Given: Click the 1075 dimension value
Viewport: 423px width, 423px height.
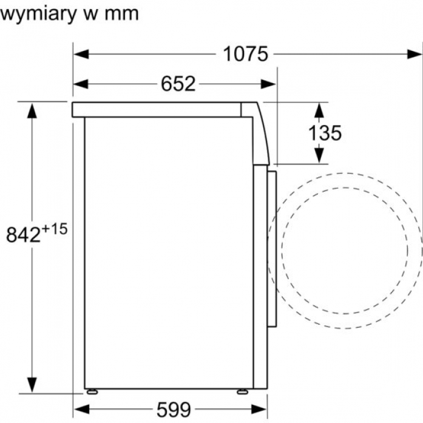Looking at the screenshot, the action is click(246, 54).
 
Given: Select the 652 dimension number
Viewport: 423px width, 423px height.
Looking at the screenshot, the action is click(178, 84).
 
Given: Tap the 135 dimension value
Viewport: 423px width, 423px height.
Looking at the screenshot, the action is click(325, 133).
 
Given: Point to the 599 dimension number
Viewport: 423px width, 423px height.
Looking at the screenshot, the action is click(174, 410).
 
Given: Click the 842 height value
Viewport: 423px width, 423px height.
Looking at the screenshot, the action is click(23, 234).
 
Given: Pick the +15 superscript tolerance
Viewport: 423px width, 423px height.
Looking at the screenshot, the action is click(55, 229).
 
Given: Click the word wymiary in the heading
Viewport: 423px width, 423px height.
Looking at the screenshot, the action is click(39, 14).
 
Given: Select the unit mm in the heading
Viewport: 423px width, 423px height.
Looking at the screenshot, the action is click(121, 14).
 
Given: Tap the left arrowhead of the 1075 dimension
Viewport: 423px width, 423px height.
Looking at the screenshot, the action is click(81, 54).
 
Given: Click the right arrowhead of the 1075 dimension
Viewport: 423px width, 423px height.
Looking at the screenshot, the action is click(415, 54).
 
